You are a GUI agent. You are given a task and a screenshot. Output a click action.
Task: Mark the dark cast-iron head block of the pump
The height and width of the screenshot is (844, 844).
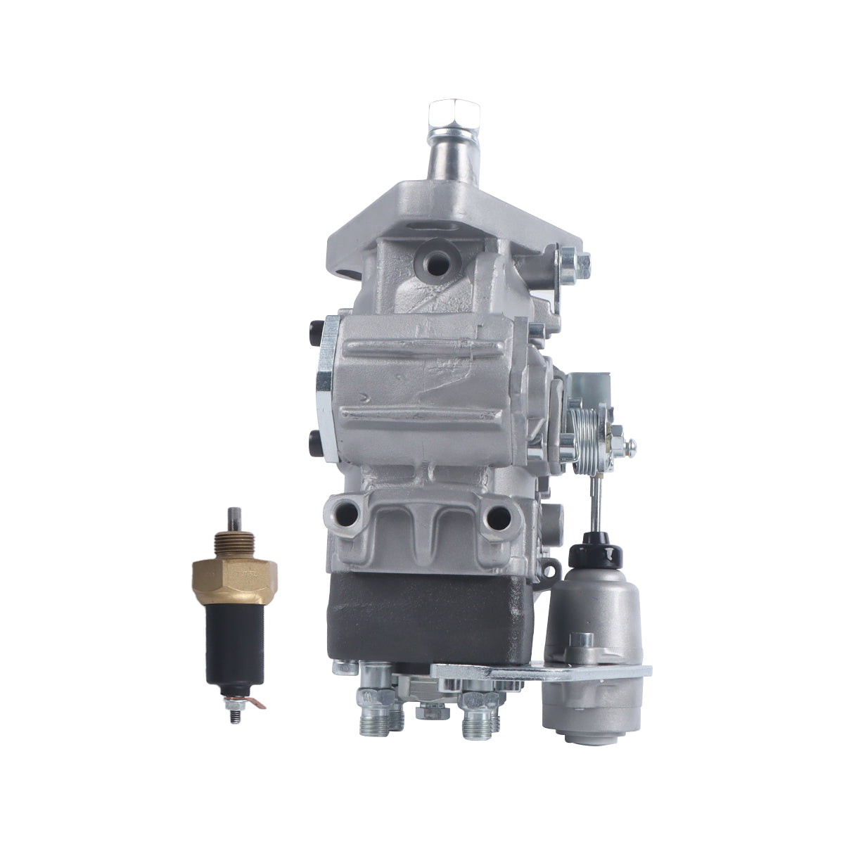coord(422,619)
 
